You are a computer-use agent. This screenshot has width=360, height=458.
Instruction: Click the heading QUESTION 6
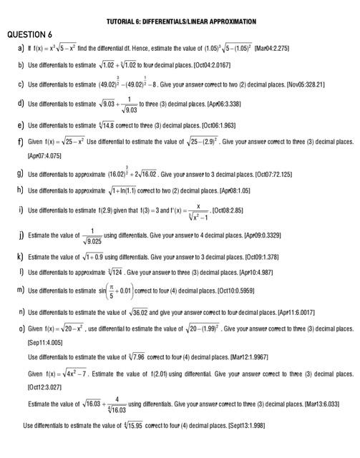(29, 34)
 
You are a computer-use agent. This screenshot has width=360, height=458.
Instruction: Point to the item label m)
(21, 289)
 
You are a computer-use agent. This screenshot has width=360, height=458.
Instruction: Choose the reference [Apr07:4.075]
(47, 155)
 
